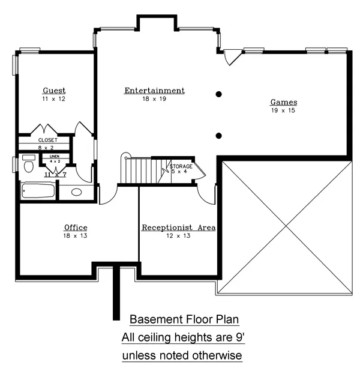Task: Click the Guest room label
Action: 54,90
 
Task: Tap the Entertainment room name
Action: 155,90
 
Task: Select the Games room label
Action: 284,102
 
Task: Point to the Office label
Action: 76,228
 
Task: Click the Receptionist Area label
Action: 178,228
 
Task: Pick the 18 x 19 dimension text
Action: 154,99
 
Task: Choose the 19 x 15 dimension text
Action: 283,110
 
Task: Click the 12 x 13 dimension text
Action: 178,236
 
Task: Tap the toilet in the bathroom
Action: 29,164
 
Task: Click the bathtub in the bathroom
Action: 38,191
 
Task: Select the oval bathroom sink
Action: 76,192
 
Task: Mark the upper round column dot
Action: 218,94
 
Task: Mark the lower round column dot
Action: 218,136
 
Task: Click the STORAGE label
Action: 181,166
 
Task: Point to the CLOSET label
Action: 48,140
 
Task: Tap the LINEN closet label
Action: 55,156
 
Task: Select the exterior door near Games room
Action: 233,57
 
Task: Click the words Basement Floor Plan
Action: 184,319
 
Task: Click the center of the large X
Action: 286,226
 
